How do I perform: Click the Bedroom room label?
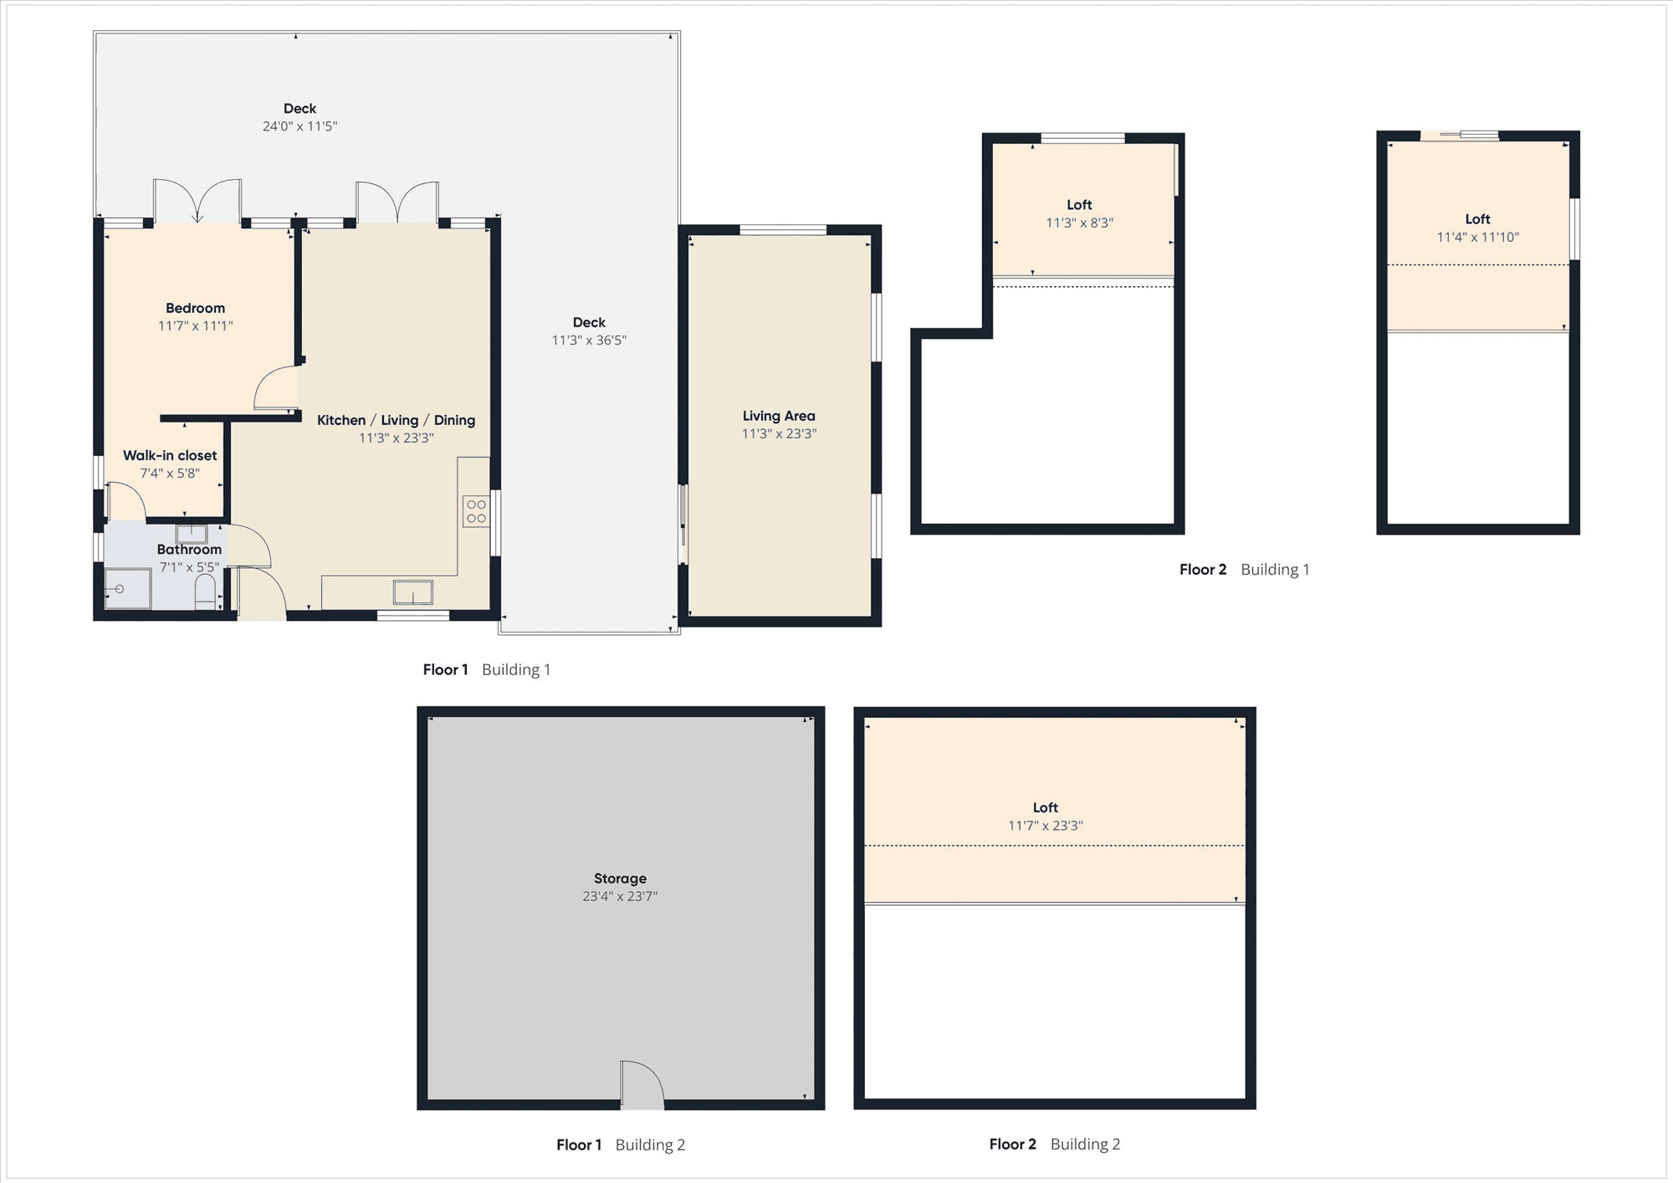click(x=195, y=308)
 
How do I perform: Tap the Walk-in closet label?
click(x=170, y=455)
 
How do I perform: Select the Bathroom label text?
click(x=189, y=550)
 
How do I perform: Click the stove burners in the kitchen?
click(x=476, y=511)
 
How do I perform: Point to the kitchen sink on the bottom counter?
click(x=413, y=591)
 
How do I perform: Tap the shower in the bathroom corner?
click(x=128, y=589)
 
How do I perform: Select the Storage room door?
click(x=642, y=1084)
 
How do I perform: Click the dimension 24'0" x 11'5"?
click(x=299, y=126)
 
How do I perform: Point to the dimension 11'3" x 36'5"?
click(x=589, y=341)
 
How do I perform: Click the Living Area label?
click(x=779, y=416)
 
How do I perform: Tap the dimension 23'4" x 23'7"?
click(x=620, y=896)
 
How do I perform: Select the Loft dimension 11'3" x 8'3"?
click(x=1079, y=223)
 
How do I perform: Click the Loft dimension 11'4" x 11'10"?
click(x=1477, y=237)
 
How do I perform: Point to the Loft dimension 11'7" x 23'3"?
click(x=1045, y=826)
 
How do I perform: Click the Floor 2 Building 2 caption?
click(x=1054, y=1144)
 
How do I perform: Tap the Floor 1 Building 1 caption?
click(x=487, y=669)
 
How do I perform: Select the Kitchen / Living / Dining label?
click(x=396, y=420)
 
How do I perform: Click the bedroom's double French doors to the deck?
click(x=197, y=202)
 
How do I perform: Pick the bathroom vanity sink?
click(x=192, y=533)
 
